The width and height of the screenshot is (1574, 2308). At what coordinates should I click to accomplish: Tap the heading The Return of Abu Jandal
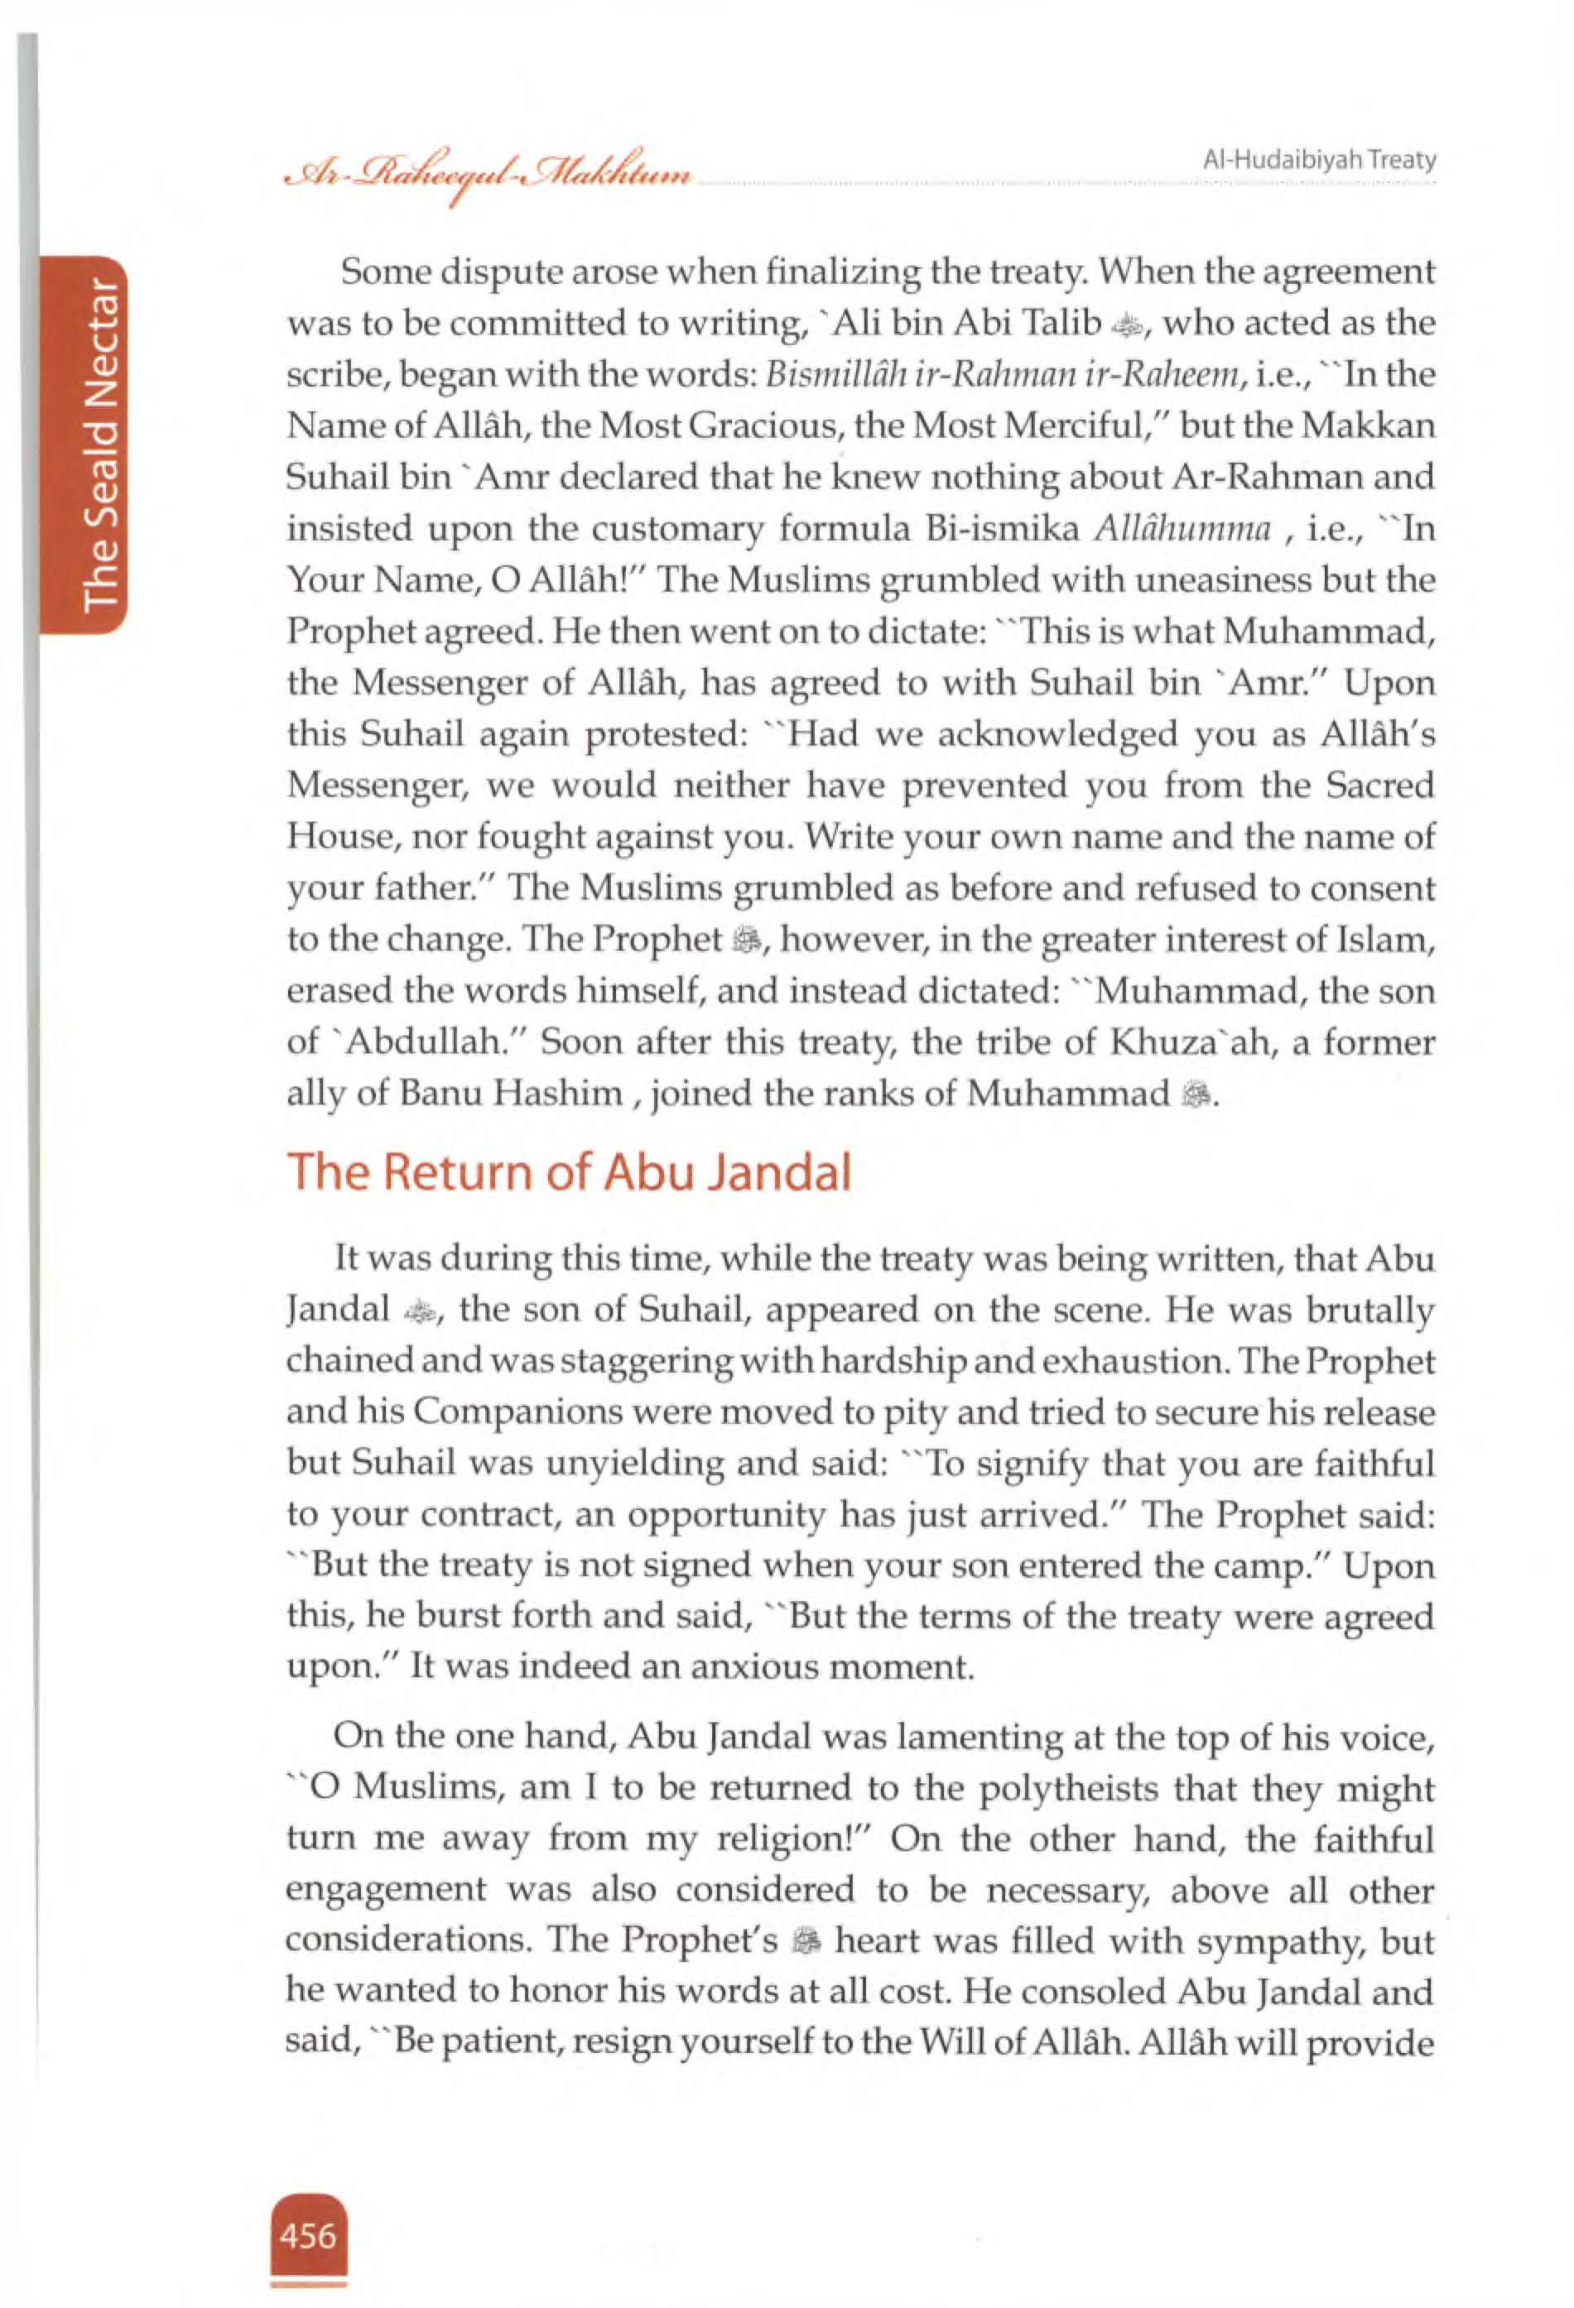[569, 1173]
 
